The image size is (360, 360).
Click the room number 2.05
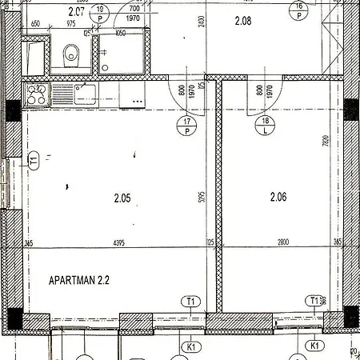122,197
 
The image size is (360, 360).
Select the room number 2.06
278,197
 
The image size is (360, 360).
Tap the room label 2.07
76,11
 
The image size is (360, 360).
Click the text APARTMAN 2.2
79,281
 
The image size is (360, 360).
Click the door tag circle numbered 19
100,12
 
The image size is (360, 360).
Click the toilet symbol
71,54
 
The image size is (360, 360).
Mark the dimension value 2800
278,243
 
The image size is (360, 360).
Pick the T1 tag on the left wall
34,160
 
